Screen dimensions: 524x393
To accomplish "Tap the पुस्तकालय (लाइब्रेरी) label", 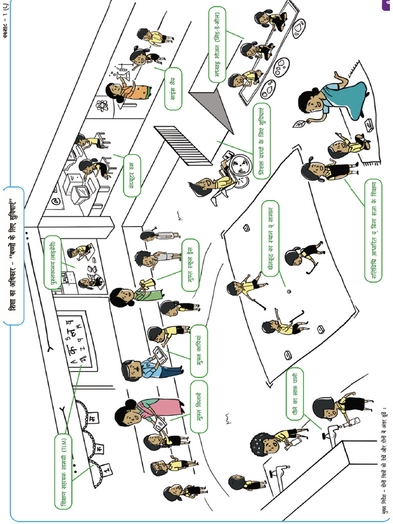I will (51, 263).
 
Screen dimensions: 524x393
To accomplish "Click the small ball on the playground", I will (289, 292).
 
